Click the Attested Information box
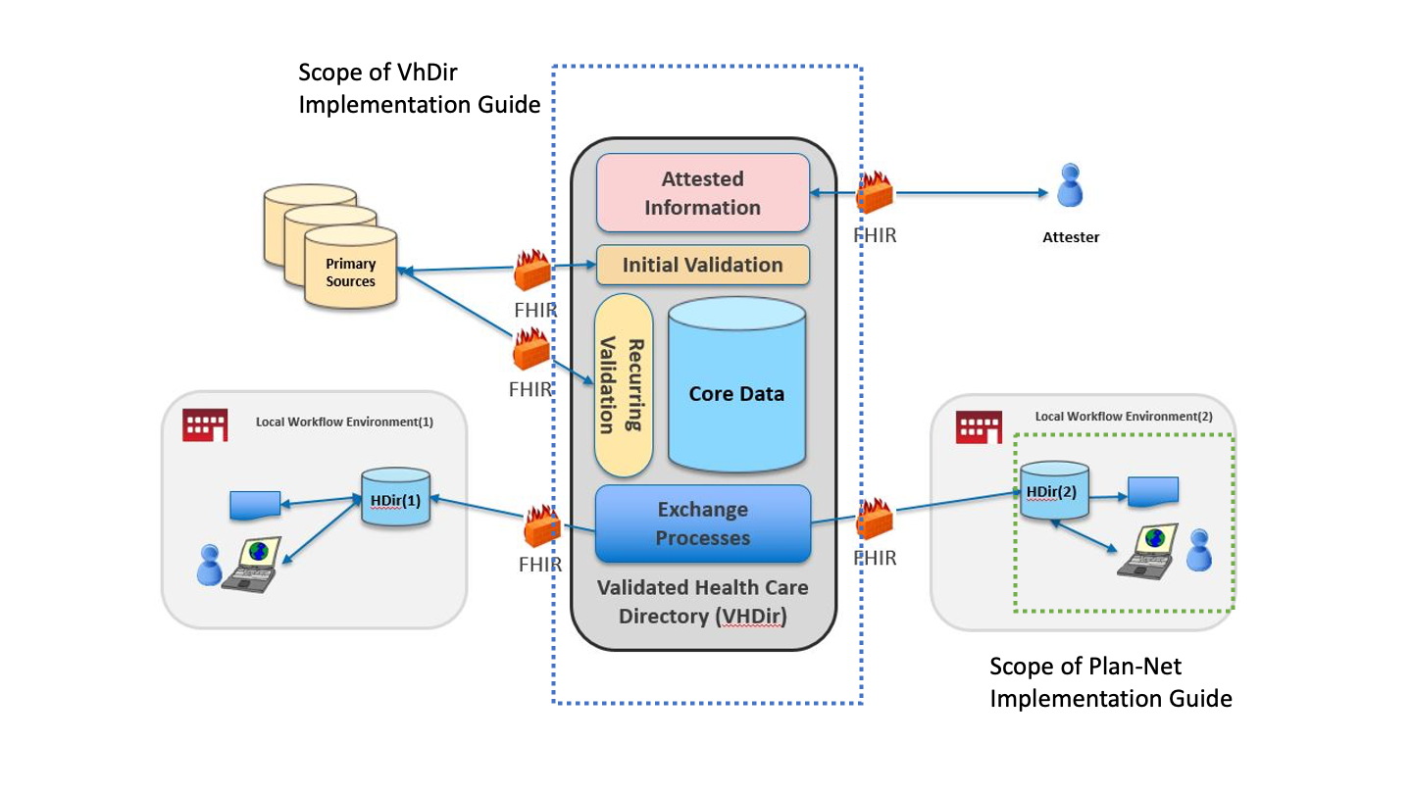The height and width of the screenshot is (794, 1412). coord(702,193)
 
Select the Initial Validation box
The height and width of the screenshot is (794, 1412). coord(702,265)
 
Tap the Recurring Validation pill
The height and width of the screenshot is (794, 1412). coord(624,384)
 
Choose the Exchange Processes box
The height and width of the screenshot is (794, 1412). coord(702,523)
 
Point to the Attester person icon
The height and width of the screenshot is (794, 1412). coord(1070,185)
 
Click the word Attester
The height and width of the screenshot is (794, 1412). coord(1071,237)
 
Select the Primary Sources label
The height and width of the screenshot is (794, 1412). coord(350,273)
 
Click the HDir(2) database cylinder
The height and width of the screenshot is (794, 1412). coord(1054,489)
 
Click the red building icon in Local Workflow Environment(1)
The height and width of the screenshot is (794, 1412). coord(205,423)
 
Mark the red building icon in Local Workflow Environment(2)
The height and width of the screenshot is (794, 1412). coord(978,425)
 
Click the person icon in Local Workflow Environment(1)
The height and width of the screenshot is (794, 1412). coord(209,565)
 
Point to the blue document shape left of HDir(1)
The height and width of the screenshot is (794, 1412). coord(254,505)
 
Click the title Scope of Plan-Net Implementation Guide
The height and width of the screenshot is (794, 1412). coord(1110,682)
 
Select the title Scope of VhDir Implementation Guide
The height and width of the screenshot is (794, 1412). coord(419,88)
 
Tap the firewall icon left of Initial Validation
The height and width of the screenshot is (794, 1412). coord(532,271)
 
